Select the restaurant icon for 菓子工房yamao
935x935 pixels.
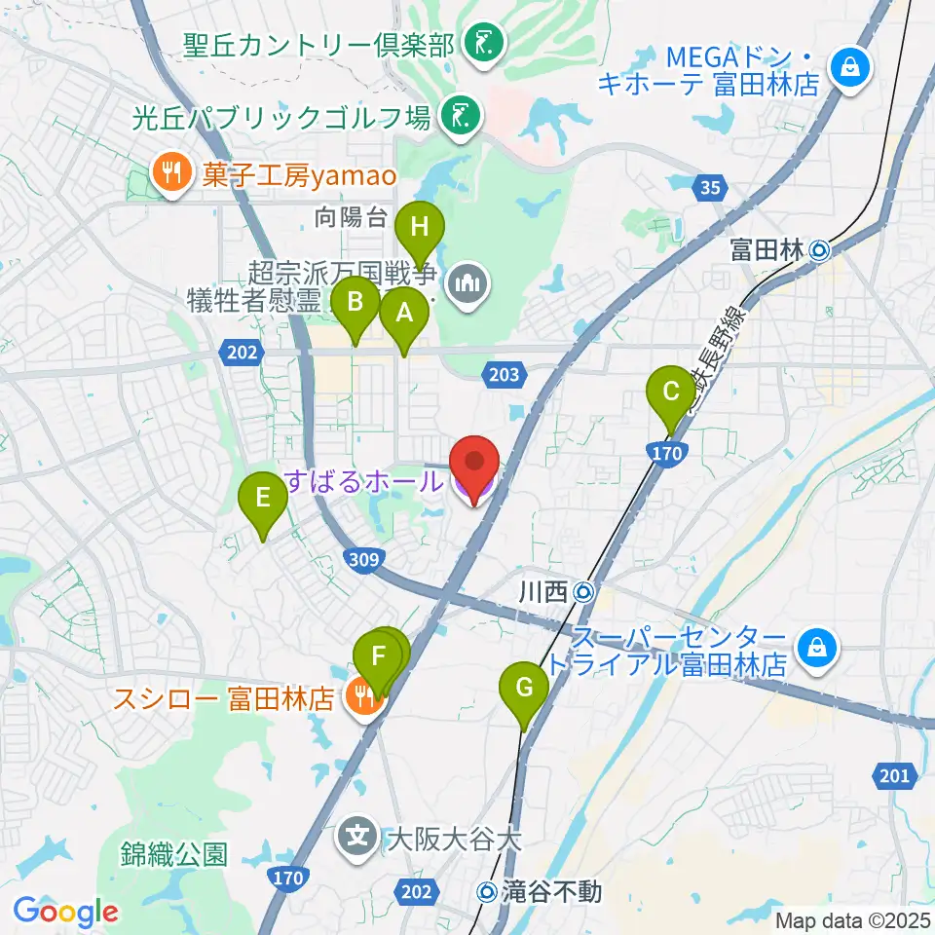click(171, 174)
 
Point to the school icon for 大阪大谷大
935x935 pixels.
click(359, 836)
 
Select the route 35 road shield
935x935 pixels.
click(710, 187)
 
